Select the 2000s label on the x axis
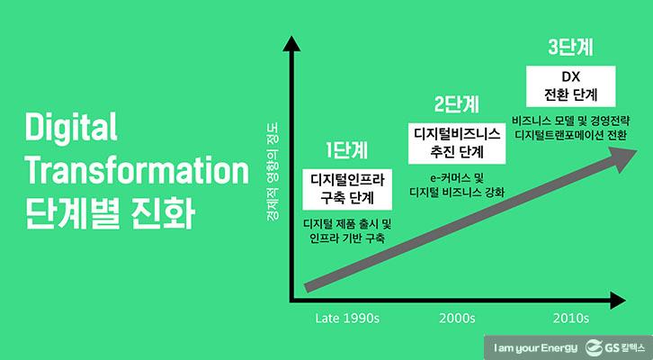click(x=457, y=318)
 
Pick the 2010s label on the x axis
click(x=570, y=318)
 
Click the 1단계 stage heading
click(x=346, y=149)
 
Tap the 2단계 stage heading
click(x=457, y=103)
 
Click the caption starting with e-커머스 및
click(x=457, y=184)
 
